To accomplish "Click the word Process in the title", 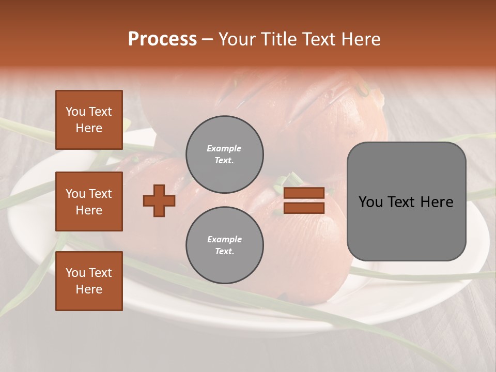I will click(x=162, y=39).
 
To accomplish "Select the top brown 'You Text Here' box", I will click(x=89, y=120).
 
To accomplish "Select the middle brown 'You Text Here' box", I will click(x=89, y=202).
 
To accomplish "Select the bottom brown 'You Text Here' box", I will click(x=89, y=281).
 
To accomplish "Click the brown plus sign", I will click(x=159, y=200).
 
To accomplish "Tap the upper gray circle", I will click(x=224, y=154).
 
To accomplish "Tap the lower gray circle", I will click(x=224, y=245).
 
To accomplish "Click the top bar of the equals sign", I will click(x=304, y=193).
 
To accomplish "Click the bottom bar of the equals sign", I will click(x=304, y=208).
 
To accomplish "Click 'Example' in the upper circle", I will click(x=224, y=148).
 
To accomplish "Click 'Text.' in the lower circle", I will click(x=224, y=252).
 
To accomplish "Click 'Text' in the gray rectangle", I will click(x=401, y=202).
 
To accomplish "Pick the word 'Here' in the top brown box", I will click(x=89, y=128).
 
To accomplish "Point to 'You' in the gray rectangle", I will click(x=371, y=202).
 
